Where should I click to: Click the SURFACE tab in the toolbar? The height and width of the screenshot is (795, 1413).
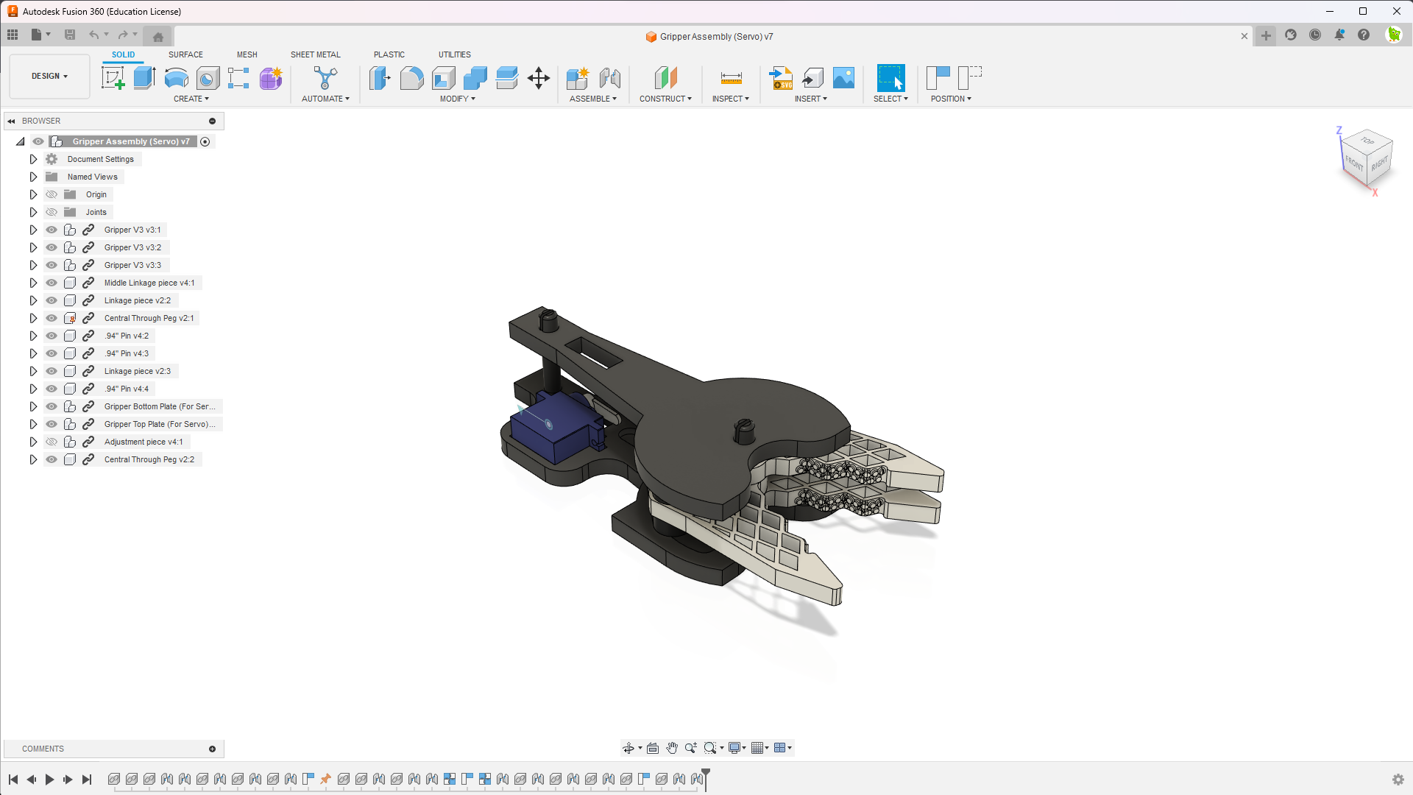pyautogui.click(x=185, y=54)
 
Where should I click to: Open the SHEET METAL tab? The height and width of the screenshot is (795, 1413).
pyautogui.click(x=315, y=54)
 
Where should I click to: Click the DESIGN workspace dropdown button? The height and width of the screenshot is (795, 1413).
pyautogui.click(x=49, y=76)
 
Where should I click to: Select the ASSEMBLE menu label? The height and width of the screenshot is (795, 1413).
pyautogui.click(x=592, y=99)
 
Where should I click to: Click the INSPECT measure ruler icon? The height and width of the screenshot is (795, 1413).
pyautogui.click(x=731, y=78)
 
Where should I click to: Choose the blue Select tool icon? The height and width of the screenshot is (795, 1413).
pyautogui.click(x=890, y=78)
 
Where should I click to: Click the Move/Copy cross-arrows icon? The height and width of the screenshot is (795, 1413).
pyautogui.click(x=539, y=78)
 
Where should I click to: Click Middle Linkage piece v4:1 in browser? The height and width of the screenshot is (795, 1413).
pyautogui.click(x=149, y=283)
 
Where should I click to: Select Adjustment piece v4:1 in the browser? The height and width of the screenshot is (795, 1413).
pyautogui.click(x=144, y=442)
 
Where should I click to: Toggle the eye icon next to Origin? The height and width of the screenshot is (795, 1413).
pyautogui.click(x=52, y=194)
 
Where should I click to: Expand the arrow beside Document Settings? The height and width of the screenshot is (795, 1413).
pyautogui.click(x=33, y=159)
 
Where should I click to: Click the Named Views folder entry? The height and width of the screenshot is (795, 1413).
pyautogui.click(x=92, y=177)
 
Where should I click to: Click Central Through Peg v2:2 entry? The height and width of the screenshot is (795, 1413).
pyautogui.click(x=149, y=459)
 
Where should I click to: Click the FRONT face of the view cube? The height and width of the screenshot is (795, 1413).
pyautogui.click(x=1354, y=163)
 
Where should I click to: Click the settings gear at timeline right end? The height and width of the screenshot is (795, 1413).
pyautogui.click(x=1398, y=780)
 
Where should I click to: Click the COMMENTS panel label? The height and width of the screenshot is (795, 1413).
pyautogui.click(x=43, y=749)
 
